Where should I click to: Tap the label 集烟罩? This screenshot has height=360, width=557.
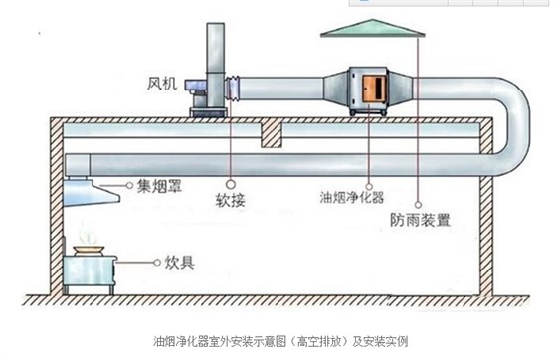(157, 186)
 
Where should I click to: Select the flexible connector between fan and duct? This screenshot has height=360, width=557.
(235, 88)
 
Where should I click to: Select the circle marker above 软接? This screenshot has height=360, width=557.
(231, 183)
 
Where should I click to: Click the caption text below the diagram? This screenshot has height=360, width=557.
(278, 342)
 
